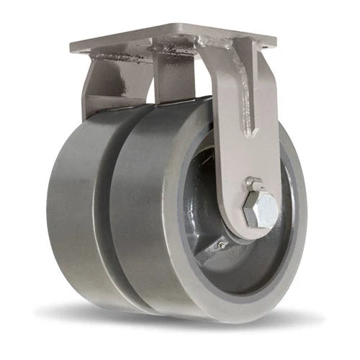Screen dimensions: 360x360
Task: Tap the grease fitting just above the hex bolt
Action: point(251,184)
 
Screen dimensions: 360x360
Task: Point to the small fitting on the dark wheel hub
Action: point(222,246)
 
